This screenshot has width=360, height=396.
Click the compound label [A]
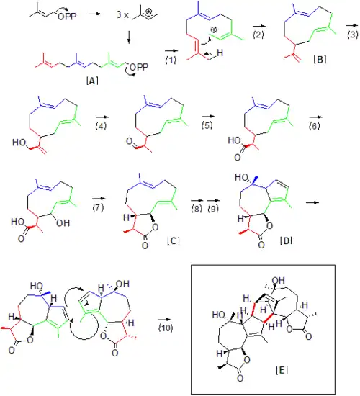click(92, 81)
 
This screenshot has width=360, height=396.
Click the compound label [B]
click(320, 60)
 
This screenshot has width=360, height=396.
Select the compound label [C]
click(174, 240)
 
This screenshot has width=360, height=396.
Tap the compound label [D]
click(286, 240)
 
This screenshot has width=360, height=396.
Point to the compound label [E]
click(282, 371)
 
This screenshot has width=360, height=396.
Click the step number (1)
click(171, 60)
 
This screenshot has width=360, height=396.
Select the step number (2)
click(258, 35)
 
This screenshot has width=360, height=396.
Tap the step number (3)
click(353, 34)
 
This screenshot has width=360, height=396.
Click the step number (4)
click(101, 125)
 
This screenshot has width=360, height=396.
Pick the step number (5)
click(207, 125)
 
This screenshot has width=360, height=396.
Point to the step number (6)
click(315, 125)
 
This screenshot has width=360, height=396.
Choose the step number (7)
click(98, 207)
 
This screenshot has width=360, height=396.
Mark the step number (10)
click(166, 328)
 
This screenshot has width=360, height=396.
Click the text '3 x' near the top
click(122, 15)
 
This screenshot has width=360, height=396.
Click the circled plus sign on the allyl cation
click(149, 12)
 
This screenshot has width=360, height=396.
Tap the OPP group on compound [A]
click(139, 68)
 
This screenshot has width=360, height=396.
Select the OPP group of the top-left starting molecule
click(67, 17)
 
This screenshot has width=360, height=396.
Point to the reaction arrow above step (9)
click(213, 201)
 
